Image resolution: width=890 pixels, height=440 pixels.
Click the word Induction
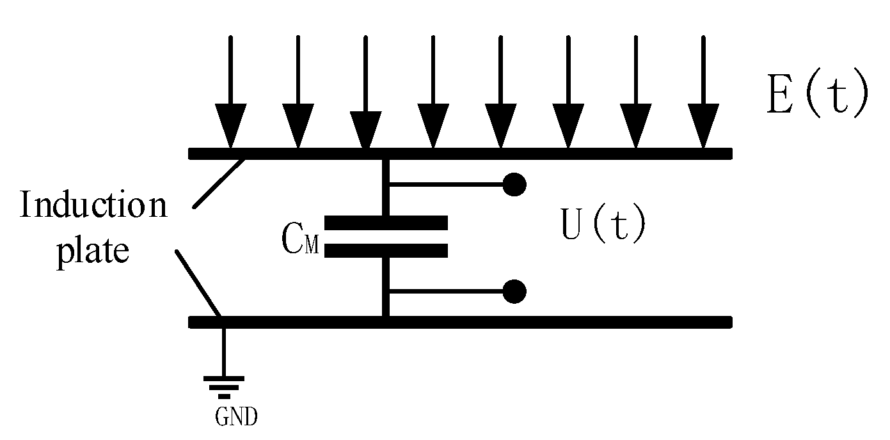pos(93,206)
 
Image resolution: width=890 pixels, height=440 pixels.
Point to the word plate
pos(93,251)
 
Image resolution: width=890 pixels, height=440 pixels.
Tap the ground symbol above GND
pos(223,386)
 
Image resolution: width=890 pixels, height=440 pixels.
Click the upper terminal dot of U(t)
pos(514,184)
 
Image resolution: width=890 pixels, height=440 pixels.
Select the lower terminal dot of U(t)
pos(514,292)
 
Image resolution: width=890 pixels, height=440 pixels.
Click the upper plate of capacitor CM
pos(386,223)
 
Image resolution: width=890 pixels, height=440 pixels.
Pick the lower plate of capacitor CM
pos(386,251)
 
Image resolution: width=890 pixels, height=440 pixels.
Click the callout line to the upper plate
pos(218,183)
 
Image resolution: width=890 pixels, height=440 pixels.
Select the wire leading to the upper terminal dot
pos(448,184)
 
